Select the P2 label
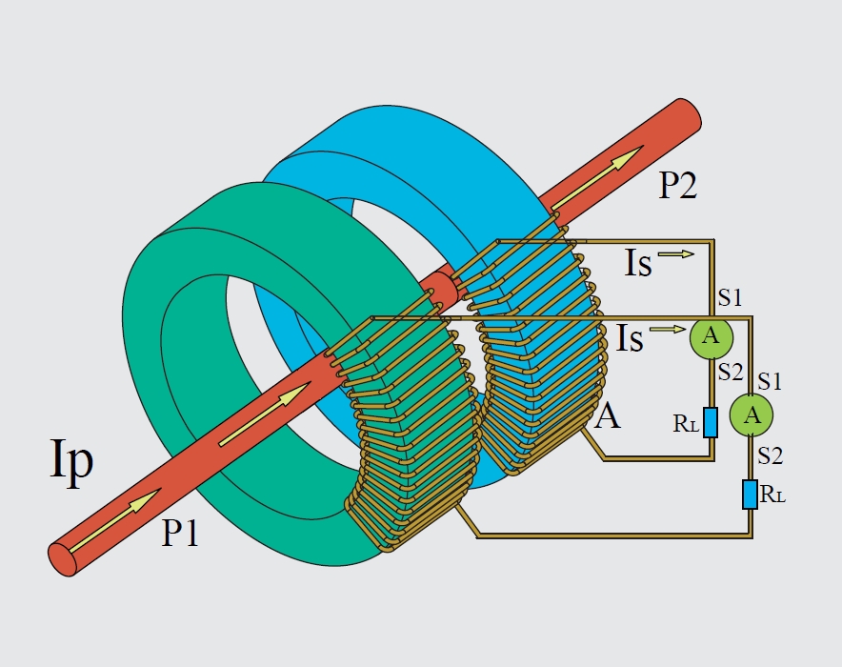(678, 186)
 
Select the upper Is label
(638, 263)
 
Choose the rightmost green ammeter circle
(752, 414)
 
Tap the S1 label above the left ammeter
(730, 297)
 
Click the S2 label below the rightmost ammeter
(771, 456)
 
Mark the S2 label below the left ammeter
(731, 372)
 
